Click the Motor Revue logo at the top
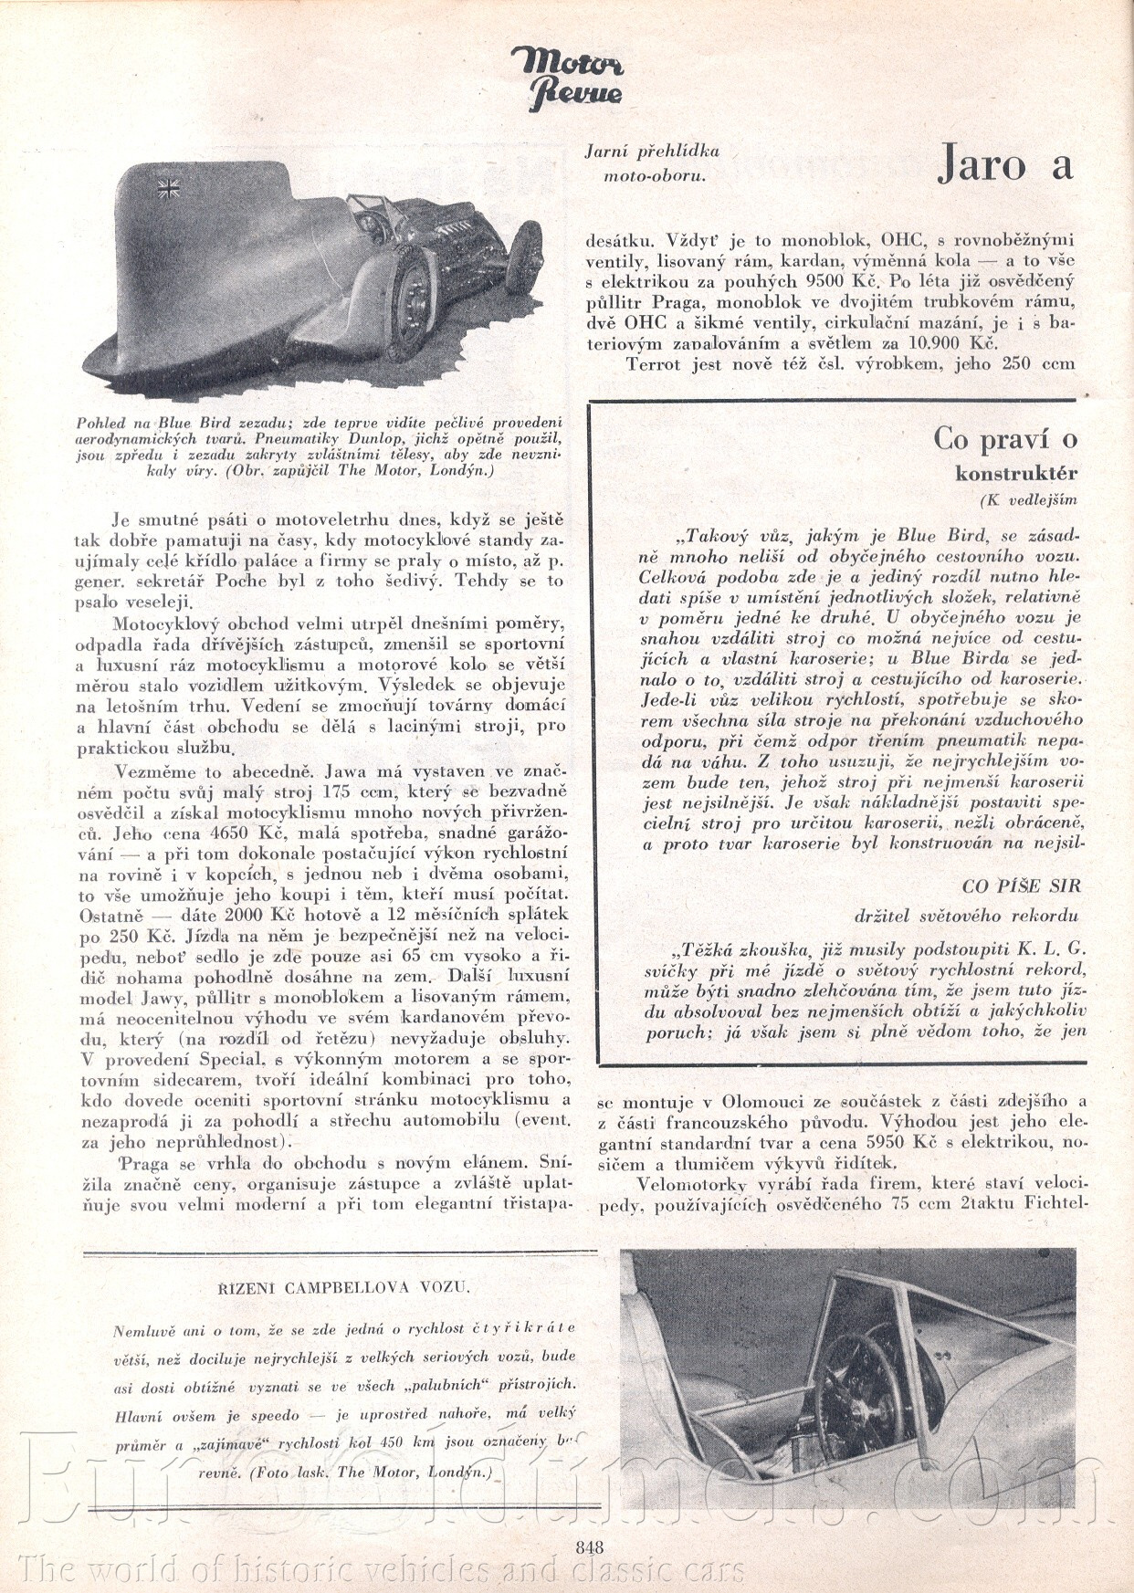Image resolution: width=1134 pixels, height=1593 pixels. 567,78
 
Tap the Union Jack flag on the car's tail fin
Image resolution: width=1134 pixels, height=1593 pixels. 168,189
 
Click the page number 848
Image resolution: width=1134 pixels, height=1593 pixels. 589,1546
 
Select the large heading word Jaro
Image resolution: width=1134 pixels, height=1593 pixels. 982,165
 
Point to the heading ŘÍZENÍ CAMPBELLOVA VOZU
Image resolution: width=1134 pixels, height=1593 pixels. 344,1287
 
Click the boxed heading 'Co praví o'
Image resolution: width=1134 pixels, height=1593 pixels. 1004,438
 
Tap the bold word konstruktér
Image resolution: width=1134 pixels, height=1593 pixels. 1016,474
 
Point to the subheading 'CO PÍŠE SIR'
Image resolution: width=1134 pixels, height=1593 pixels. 1021,886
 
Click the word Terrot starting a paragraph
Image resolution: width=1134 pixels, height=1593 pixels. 653,364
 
